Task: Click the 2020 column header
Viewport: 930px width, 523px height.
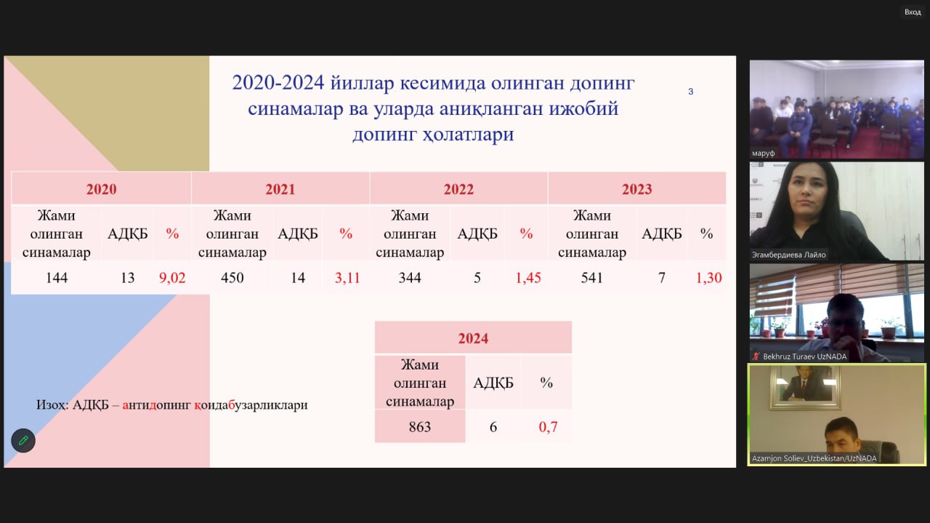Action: (101, 189)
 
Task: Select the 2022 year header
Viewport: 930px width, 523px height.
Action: (458, 189)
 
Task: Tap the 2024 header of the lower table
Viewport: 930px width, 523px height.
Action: (473, 338)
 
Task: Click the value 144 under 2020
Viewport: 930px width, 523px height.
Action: (57, 278)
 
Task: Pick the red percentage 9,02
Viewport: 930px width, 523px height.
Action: (172, 278)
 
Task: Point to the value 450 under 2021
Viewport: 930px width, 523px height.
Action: (232, 278)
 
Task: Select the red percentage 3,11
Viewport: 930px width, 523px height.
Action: (347, 278)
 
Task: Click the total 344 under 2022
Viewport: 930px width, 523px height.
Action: (410, 278)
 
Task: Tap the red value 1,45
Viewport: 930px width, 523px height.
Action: (528, 278)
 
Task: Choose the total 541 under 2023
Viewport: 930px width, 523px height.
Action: (591, 278)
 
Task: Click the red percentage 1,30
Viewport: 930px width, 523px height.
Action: (708, 278)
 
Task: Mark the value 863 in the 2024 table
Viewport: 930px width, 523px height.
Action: (420, 427)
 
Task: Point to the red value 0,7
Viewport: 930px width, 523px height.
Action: (548, 427)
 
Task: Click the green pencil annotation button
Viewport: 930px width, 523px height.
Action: (23, 440)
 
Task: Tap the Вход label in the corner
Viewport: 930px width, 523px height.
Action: (913, 12)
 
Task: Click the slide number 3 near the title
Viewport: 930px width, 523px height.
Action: (690, 92)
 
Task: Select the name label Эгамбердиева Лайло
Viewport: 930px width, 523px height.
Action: (789, 255)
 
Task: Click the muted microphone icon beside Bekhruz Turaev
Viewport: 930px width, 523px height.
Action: (756, 356)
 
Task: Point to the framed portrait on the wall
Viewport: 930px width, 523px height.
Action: (805, 388)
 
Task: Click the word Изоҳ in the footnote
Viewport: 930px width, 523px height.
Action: (52, 405)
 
